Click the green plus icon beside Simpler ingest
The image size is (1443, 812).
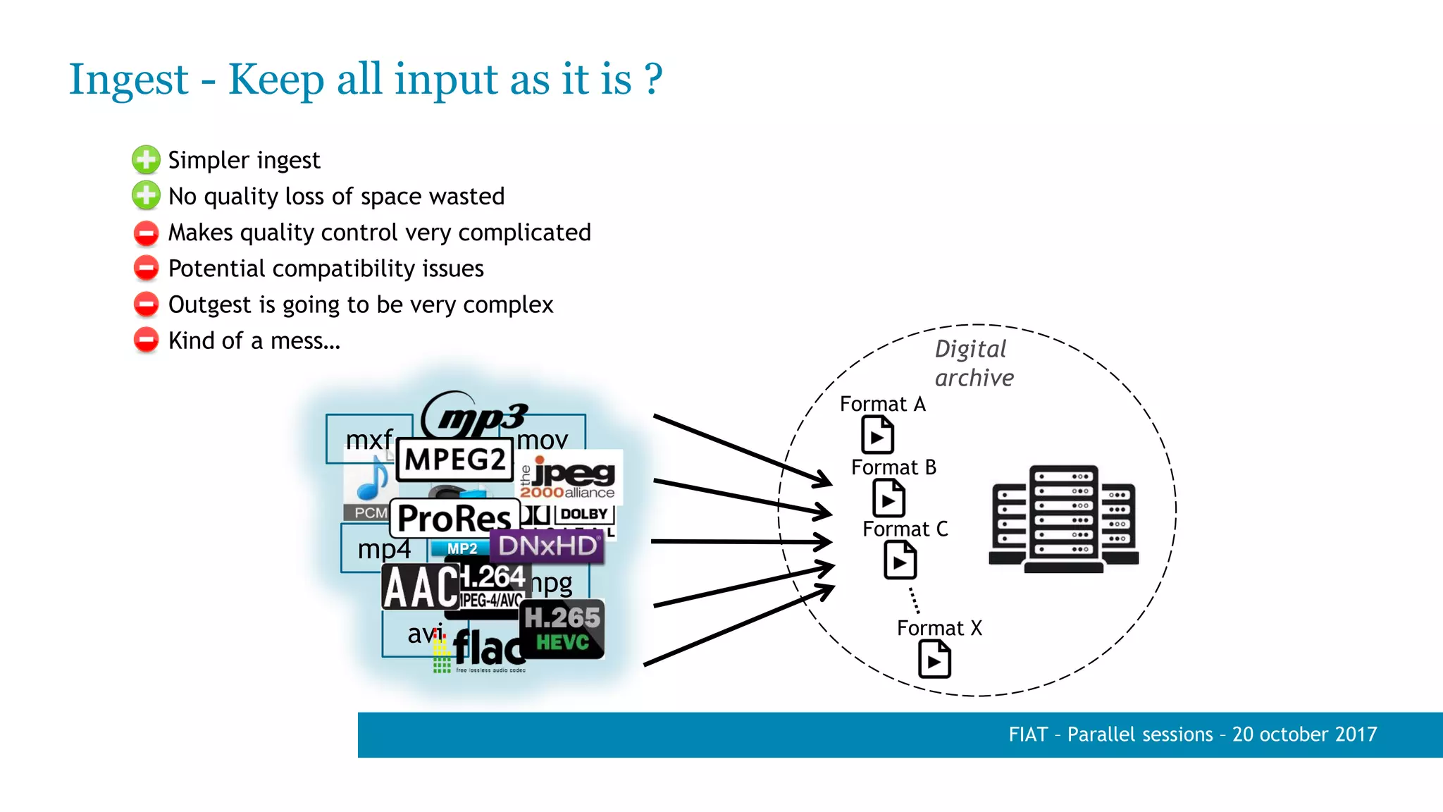point(146,160)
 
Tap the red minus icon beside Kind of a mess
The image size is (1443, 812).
point(146,340)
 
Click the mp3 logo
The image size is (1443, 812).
point(476,416)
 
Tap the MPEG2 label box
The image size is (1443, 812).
point(455,460)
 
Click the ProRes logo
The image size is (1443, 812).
point(454,519)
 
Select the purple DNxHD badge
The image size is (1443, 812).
point(548,546)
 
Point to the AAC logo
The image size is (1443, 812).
point(421,587)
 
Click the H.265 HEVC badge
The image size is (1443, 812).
point(562,629)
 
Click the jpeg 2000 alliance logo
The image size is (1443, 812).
point(569,477)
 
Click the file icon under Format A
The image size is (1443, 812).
point(877,435)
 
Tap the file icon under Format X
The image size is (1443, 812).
point(934,660)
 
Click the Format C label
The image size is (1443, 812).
point(905,529)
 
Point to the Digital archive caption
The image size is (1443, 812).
point(974,363)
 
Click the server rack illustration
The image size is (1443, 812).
point(1063,519)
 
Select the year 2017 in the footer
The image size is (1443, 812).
point(1356,734)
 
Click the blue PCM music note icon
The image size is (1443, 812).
point(370,481)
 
